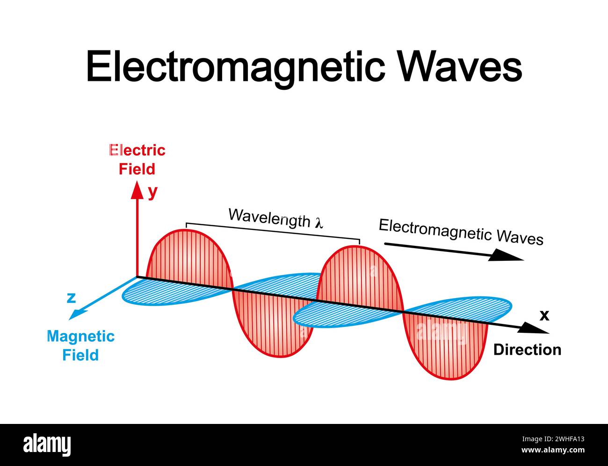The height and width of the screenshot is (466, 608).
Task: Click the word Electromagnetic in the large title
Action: tap(236, 67)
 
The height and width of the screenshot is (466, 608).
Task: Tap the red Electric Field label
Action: tap(137, 160)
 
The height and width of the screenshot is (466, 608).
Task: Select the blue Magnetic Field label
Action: tap(80, 346)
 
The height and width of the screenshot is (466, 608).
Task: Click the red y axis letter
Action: tap(153, 193)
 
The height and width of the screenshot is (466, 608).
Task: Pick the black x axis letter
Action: tap(544, 315)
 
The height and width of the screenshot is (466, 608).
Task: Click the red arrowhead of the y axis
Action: tap(137, 190)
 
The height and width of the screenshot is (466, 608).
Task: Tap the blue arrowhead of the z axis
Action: tap(75, 315)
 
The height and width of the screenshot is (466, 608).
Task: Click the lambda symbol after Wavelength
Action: tap(319, 223)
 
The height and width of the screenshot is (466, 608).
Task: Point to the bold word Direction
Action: tap(528, 350)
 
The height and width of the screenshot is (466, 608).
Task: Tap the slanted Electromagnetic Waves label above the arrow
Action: tap(461, 232)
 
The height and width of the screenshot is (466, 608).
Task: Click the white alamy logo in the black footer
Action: tap(47, 445)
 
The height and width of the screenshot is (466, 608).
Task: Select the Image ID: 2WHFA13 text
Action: tap(553, 439)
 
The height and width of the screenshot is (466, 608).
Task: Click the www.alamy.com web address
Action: tap(553, 450)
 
